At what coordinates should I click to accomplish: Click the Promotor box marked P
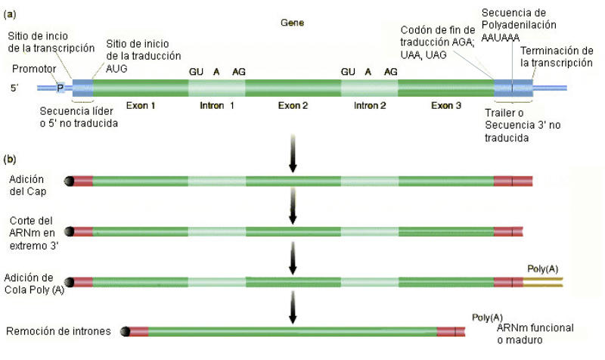60,88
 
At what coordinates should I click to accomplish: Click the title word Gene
292,23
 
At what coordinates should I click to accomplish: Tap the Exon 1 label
141,106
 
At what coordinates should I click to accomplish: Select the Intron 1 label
217,106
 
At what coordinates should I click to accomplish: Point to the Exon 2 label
293,106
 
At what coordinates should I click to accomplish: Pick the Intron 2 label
370,106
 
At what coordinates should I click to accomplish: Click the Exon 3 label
446,106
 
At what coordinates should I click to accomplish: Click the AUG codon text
116,69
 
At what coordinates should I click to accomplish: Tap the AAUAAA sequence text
501,38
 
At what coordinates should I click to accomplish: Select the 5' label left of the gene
14,88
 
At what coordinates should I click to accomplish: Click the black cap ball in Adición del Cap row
69,181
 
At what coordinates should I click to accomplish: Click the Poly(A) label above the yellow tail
542,269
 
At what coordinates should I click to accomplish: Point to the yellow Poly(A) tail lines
543,282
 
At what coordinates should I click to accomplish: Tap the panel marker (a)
10,14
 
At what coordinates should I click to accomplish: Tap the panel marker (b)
10,160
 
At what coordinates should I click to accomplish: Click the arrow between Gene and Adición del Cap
293,154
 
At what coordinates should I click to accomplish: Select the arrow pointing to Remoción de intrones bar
293,308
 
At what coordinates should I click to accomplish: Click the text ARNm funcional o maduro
535,334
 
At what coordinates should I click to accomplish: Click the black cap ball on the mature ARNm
125,331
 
